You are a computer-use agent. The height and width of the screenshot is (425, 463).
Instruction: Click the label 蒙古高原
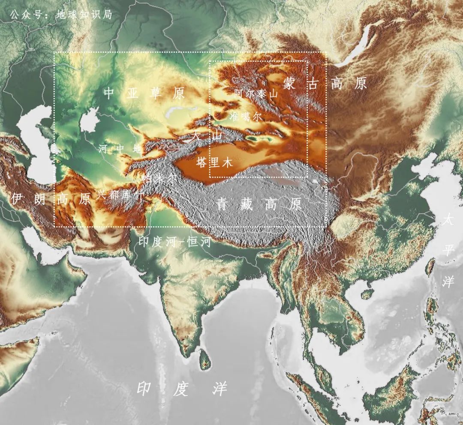pyautogui.click(x=325, y=84)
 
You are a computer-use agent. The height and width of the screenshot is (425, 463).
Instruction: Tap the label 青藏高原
pyautogui.click(x=259, y=204)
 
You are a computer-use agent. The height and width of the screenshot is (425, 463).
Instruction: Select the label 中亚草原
pyautogui.click(x=144, y=93)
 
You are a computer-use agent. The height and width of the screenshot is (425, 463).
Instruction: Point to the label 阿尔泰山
pyautogui.click(x=256, y=93)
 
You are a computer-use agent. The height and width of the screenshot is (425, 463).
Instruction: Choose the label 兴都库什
pyautogui.click(x=120, y=194)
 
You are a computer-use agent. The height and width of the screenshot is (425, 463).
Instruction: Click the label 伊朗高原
pyautogui.click(x=51, y=198)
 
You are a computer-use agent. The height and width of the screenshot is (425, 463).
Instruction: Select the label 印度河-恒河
pyautogui.click(x=175, y=242)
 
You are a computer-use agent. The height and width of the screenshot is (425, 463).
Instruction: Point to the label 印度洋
pyautogui.click(x=182, y=389)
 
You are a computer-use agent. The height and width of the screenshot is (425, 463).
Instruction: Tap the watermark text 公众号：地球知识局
pyautogui.click(x=60, y=15)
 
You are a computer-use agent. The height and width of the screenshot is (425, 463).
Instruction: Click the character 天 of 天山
pyautogui.click(x=196, y=135)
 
